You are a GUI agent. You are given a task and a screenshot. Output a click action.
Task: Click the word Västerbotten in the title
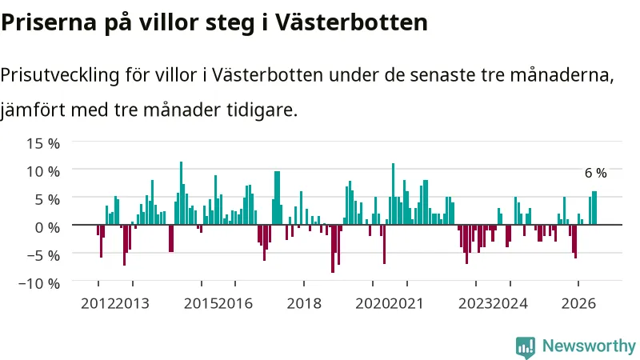(x=351, y=22)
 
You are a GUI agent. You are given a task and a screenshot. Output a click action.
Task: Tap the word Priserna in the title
(x=49, y=22)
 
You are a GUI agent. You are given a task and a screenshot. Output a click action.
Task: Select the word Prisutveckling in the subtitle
(x=60, y=75)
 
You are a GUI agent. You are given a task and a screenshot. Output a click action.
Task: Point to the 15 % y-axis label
(x=43, y=143)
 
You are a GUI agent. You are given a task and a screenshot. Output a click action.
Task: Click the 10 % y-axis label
(x=43, y=171)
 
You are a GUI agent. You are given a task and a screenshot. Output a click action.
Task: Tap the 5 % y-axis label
(x=47, y=199)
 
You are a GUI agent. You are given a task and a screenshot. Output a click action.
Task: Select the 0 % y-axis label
(x=47, y=227)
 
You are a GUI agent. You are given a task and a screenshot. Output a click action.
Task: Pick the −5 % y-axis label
(x=43, y=255)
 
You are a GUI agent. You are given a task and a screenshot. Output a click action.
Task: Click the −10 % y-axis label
(x=39, y=283)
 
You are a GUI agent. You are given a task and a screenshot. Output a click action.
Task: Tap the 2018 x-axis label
(x=304, y=304)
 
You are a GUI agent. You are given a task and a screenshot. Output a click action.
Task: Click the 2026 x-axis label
(x=578, y=304)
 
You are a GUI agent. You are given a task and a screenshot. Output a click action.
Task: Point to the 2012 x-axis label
(x=98, y=304)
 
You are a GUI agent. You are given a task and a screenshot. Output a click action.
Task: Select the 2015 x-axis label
(x=201, y=304)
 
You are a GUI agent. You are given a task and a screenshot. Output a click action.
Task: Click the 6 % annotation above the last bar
(x=595, y=173)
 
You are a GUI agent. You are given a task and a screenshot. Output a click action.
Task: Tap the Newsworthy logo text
(x=589, y=346)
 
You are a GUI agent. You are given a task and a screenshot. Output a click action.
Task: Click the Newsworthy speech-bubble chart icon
(x=526, y=347)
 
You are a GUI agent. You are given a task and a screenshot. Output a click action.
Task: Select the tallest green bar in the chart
(x=182, y=193)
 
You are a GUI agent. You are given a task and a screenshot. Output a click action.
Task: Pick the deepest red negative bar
(x=333, y=249)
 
